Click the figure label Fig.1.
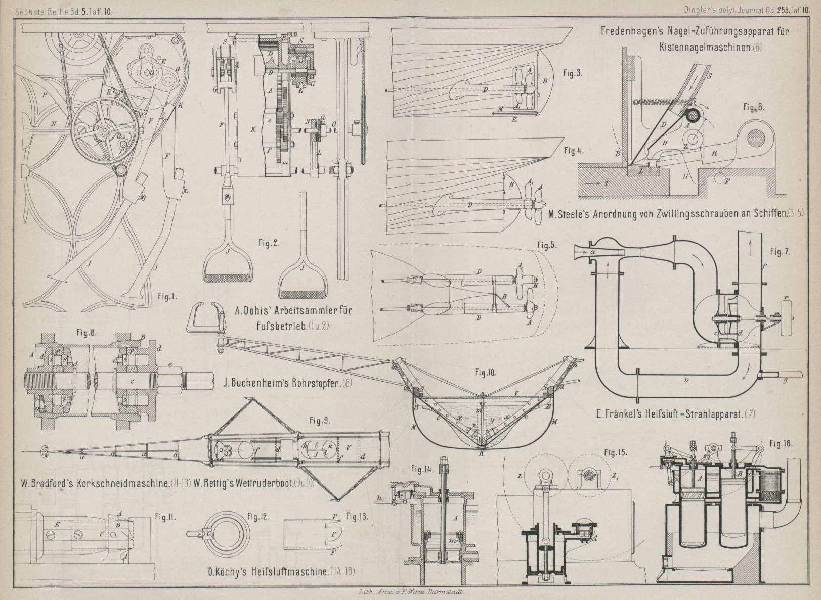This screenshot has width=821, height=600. [166, 297]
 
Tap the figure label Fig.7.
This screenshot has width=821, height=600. [780, 251]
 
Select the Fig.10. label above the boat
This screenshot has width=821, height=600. [485, 373]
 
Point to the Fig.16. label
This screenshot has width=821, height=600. [781, 444]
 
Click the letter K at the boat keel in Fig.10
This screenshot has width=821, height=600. [481, 453]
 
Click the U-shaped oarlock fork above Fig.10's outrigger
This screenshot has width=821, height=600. [205, 316]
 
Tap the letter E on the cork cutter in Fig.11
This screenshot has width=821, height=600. [57, 525]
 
